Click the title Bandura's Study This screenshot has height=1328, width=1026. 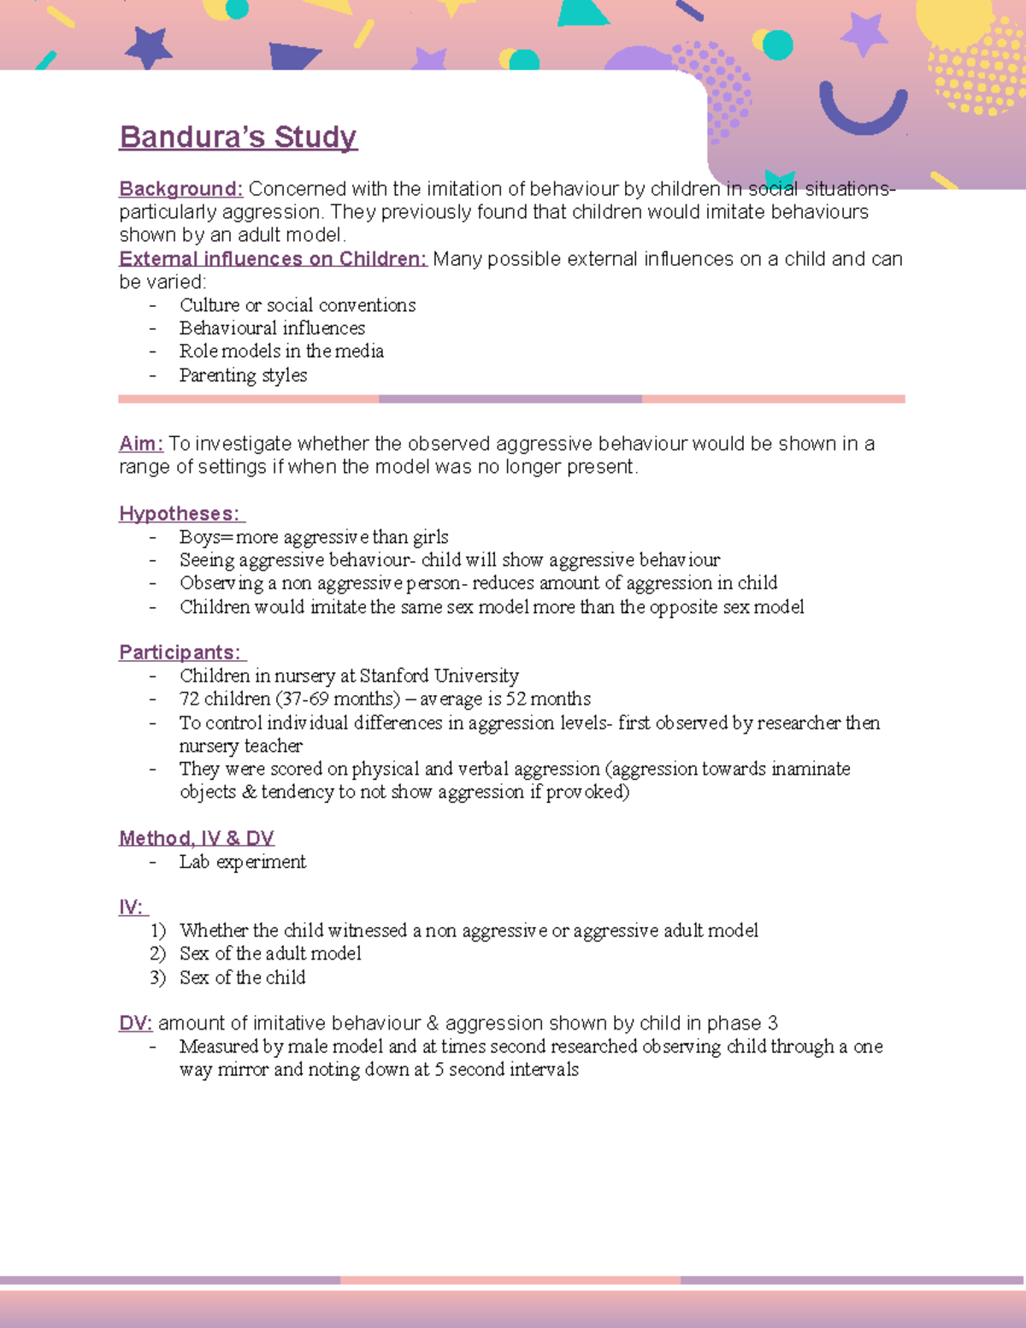[238, 137]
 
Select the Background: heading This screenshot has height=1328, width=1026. [181, 189]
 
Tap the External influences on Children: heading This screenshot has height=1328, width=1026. [273, 259]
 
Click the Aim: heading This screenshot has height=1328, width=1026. [140, 444]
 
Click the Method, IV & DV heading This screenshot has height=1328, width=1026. [197, 838]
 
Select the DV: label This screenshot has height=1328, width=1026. [135, 1024]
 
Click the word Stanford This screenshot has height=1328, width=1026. [394, 676]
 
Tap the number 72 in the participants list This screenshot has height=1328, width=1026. [189, 699]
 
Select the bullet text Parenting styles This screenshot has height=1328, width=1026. [243, 375]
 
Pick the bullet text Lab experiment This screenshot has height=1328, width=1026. [242, 862]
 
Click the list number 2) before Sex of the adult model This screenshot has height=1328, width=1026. [157, 953]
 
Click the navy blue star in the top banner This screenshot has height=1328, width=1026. [148, 47]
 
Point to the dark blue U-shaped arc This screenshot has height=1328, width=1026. [863, 111]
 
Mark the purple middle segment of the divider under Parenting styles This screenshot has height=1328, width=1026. [510, 399]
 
